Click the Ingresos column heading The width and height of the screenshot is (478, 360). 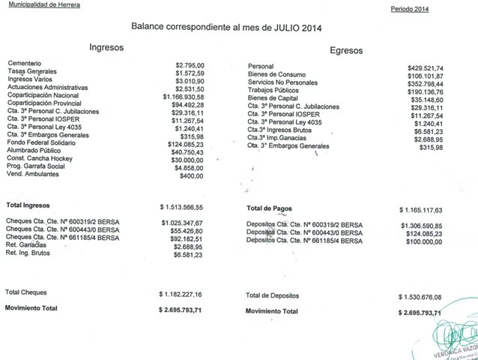pos(106,46)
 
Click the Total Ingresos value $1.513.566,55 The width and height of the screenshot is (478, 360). pos(192,205)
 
